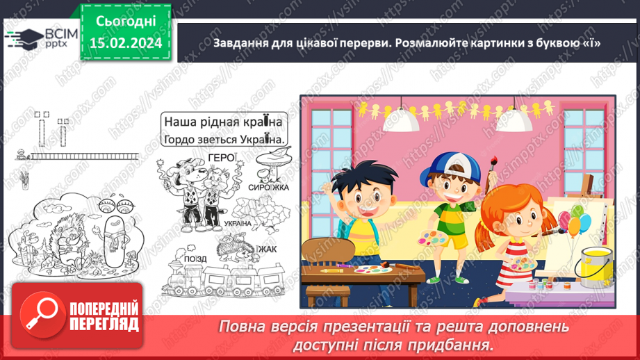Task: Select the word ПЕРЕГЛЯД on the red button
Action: click(x=104, y=324)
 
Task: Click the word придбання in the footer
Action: click(x=459, y=344)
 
